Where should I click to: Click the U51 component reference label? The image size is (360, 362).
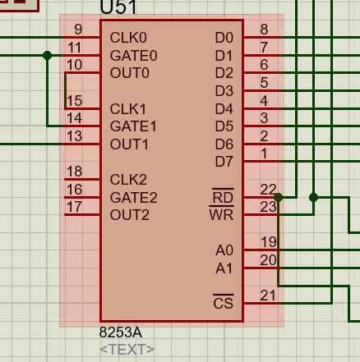118,9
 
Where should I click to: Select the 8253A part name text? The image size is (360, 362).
121,333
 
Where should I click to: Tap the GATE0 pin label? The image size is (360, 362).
133,56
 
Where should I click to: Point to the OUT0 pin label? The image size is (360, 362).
130,73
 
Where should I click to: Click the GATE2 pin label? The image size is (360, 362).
133,198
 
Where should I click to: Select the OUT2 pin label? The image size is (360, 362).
130,215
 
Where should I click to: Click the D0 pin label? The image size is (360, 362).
224,38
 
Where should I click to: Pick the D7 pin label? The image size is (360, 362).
224,162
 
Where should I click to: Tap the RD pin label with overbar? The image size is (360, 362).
223,198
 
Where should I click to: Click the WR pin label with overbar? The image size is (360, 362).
222,215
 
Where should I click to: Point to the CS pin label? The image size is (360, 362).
223,304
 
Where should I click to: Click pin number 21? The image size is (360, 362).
268,295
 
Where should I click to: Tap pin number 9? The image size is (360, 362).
77,30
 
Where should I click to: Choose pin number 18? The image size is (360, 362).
74,172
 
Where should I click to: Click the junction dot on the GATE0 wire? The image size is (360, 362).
48,56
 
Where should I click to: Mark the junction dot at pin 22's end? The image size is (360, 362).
279,198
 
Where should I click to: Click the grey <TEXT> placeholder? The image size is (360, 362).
127,350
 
